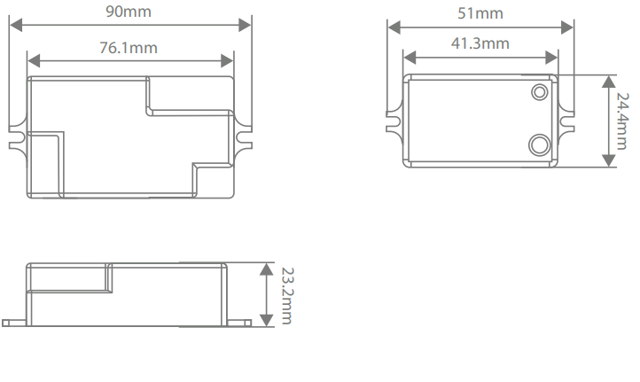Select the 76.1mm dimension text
(x=129, y=48)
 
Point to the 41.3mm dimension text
(x=481, y=43)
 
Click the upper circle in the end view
(x=539, y=91)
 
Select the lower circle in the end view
(x=538, y=144)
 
